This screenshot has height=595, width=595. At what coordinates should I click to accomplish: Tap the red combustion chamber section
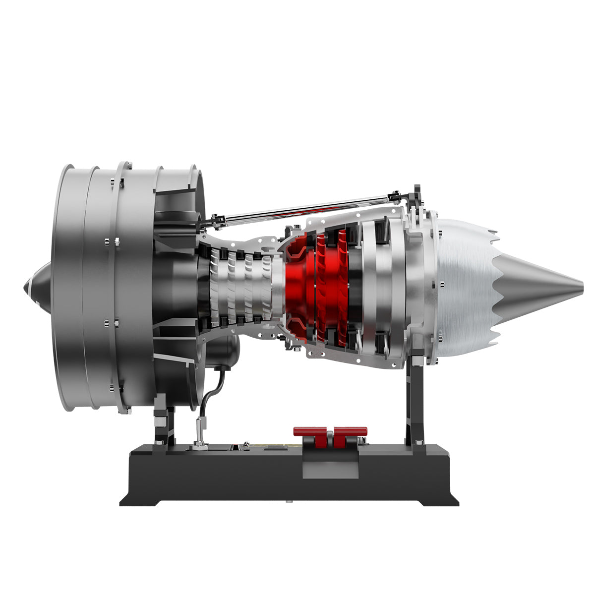tap(302, 288)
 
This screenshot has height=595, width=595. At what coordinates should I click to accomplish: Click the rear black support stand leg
tap(415, 397)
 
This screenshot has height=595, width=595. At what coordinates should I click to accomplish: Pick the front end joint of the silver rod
tap(216, 220)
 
